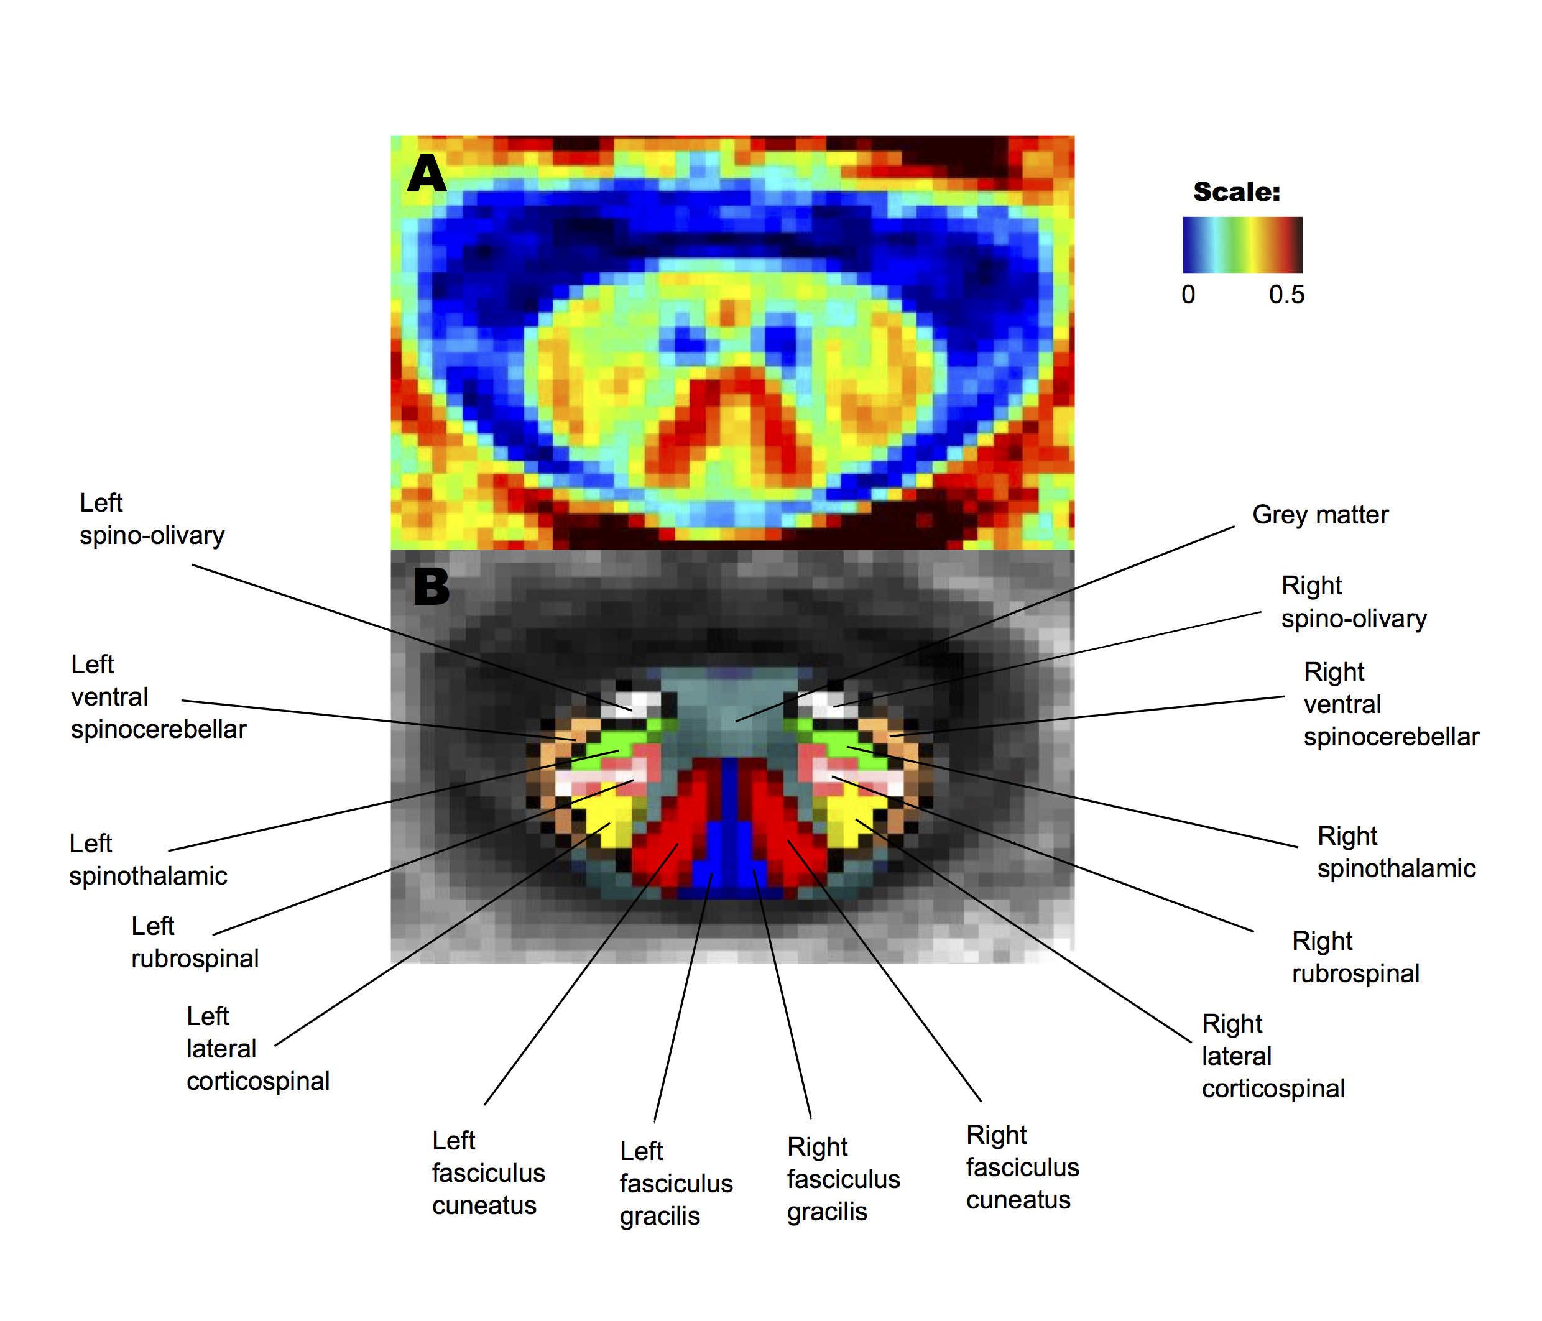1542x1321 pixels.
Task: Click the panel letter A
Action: point(427,174)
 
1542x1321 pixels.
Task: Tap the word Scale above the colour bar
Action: point(1236,192)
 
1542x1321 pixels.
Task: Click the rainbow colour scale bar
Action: point(1242,244)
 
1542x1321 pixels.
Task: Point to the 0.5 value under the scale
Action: point(1286,295)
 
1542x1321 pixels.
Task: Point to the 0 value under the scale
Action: point(1188,295)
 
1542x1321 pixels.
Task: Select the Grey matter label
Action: point(1319,514)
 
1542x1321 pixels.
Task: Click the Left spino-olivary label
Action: point(152,518)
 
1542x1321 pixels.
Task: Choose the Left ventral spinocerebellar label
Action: point(158,697)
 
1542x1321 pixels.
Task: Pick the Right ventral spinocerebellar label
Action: point(1390,704)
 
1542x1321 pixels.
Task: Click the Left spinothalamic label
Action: point(147,860)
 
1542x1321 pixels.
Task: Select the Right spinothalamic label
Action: point(1395,852)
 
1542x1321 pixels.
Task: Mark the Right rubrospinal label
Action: point(1354,957)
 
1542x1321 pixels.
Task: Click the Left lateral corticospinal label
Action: point(257,1049)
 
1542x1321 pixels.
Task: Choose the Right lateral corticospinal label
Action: point(1273,1056)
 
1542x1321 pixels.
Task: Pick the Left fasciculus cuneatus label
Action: point(488,1173)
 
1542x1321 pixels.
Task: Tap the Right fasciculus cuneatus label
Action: point(1022,1167)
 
